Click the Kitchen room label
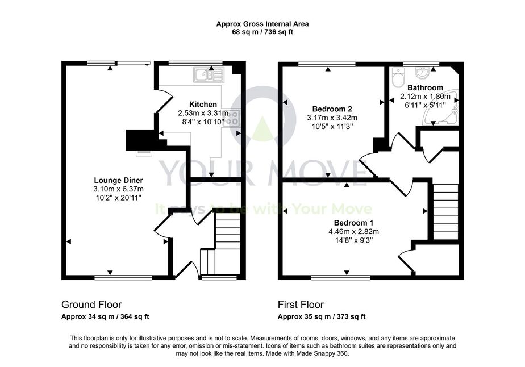203,104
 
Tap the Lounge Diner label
119,181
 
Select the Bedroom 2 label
332,109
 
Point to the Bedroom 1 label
353,223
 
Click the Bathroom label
425,87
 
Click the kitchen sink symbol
209,74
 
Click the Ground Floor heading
91,305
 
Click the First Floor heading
301,305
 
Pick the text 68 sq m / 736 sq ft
262,32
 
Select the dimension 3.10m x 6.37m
119,189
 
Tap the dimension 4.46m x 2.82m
353,231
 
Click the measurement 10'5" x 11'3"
332,126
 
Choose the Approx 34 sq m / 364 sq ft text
105,316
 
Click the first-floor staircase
445,212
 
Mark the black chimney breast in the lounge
139,140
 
